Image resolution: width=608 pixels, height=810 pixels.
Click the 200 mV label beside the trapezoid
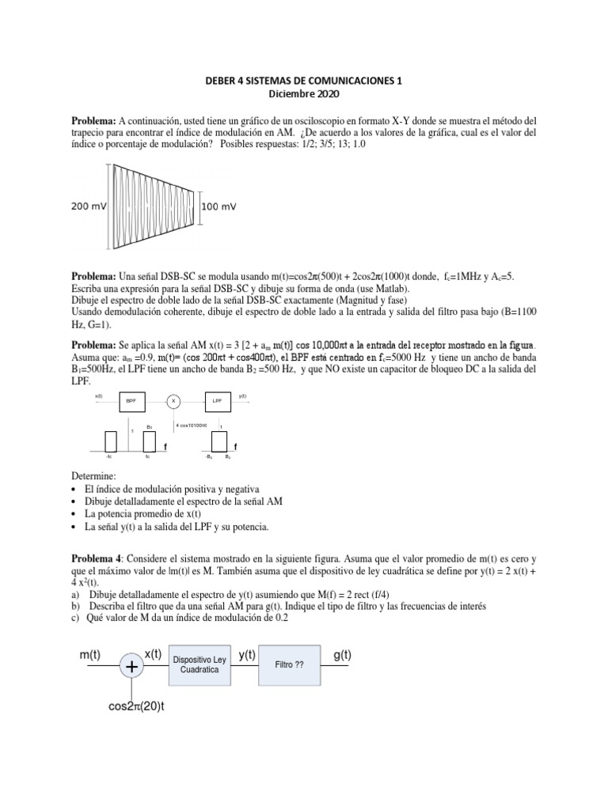tap(89, 206)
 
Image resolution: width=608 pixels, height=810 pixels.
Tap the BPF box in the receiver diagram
tap(130, 401)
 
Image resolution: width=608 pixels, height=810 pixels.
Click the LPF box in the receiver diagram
tap(218, 401)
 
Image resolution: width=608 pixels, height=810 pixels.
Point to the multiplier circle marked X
tap(173, 401)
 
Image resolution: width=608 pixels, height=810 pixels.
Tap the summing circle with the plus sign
tap(131, 668)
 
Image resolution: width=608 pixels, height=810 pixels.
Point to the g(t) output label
tap(343, 655)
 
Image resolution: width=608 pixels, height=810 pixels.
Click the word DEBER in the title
tap(217, 80)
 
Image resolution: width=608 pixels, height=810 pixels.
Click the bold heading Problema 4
tap(99, 558)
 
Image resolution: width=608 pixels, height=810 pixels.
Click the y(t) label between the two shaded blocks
tap(248, 655)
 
